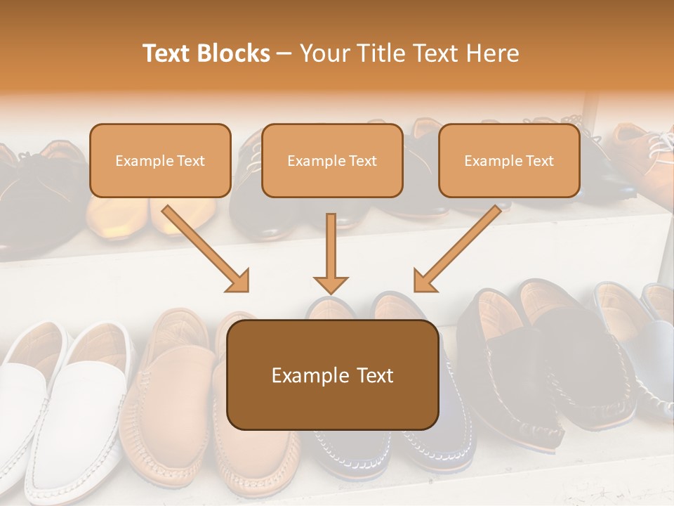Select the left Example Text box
(160, 160)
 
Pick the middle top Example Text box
(332, 160)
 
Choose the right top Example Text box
(509, 160)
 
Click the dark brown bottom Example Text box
(333, 375)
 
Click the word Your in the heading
(324, 53)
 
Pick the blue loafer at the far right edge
(656, 351)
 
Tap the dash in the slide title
(284, 53)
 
